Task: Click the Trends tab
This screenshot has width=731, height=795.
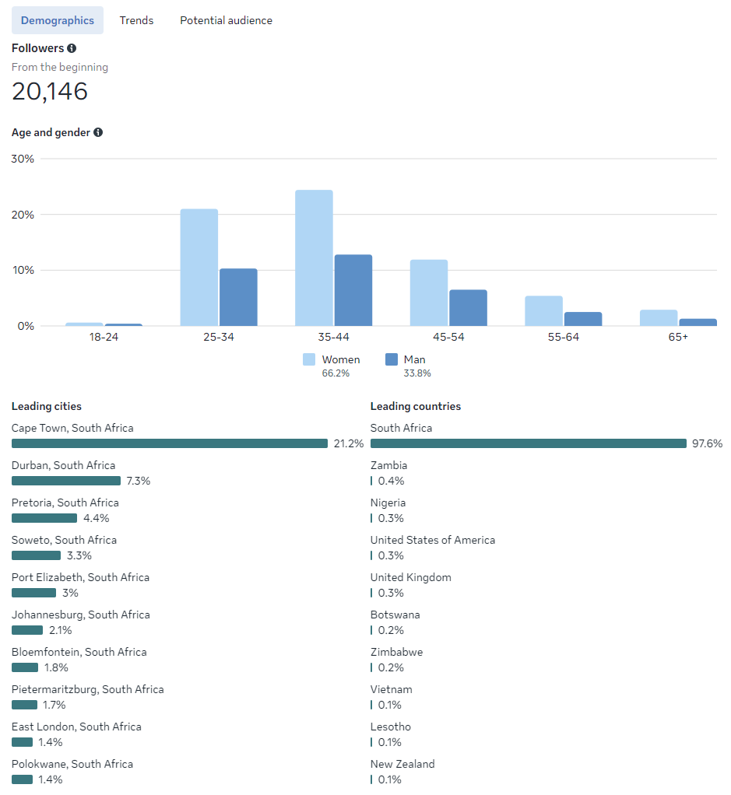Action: tap(136, 20)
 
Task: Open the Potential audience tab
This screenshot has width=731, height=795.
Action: tap(226, 20)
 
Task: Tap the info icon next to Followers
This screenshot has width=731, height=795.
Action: tap(72, 48)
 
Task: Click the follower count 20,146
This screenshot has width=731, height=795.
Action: tap(50, 91)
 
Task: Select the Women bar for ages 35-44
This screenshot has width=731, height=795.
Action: tap(314, 257)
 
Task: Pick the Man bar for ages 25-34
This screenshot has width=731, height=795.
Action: tap(238, 297)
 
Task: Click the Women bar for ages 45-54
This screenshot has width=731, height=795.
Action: tap(429, 292)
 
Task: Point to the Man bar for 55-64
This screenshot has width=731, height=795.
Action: tap(583, 319)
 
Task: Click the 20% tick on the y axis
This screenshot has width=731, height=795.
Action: tap(23, 215)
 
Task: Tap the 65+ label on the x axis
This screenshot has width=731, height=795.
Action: tap(678, 337)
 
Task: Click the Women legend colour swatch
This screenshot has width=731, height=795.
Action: tap(309, 359)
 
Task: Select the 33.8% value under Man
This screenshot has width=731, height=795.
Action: tap(417, 373)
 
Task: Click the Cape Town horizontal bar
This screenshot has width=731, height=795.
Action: tap(170, 443)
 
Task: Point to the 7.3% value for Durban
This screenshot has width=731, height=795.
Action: tap(138, 481)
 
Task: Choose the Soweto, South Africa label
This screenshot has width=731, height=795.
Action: tap(64, 540)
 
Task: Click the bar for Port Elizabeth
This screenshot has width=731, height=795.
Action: tap(33, 593)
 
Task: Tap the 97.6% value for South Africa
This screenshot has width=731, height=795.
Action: tap(707, 443)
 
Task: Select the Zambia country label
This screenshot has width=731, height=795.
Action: tap(388, 465)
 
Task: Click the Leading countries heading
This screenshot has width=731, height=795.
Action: tap(415, 406)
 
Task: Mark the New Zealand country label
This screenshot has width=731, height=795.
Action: tap(402, 764)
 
